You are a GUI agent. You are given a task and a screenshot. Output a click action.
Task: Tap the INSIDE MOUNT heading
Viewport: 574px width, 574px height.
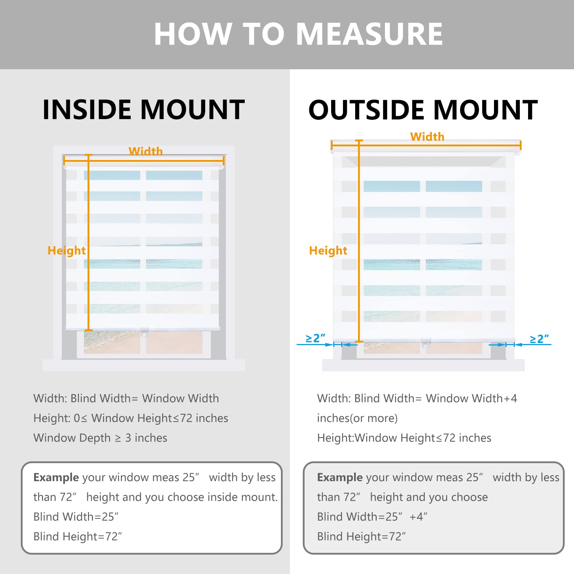[x=143, y=110]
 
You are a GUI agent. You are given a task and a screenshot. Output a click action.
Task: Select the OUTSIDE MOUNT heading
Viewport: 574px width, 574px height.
[x=423, y=110]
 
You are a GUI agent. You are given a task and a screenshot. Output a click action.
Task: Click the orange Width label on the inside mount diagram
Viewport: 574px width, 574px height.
[x=146, y=151]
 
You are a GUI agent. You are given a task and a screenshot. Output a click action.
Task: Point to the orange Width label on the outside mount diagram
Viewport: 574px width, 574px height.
[x=427, y=137]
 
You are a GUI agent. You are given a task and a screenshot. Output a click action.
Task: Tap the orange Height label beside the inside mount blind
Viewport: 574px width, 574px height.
[x=67, y=250]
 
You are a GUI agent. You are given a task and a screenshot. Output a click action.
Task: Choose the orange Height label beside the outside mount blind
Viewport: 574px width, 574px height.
[x=328, y=250]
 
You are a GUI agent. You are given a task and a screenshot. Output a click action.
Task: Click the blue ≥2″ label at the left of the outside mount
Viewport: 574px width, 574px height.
[x=315, y=338]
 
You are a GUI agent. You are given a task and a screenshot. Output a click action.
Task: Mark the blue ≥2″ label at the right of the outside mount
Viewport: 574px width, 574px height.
[x=539, y=339]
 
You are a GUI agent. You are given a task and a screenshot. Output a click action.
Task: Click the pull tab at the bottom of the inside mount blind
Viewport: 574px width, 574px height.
[x=144, y=333]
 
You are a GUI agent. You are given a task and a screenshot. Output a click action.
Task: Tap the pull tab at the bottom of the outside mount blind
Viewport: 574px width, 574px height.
[x=426, y=343]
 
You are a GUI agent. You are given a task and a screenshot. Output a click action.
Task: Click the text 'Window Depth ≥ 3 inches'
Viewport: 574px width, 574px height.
[x=100, y=438]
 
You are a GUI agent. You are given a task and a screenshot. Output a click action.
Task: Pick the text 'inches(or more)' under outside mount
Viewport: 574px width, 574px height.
[x=357, y=418]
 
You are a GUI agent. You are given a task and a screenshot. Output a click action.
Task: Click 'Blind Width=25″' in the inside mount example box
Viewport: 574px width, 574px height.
[x=76, y=517]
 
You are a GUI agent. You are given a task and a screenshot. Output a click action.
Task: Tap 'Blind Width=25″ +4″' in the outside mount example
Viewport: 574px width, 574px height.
[x=372, y=517]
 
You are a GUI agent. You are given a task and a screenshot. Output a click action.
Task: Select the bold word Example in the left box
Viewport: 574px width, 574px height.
[x=56, y=477]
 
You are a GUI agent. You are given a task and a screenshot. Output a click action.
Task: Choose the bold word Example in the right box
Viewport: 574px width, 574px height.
[x=340, y=477]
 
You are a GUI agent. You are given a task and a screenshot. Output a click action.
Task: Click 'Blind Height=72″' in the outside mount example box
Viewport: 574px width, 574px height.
[x=361, y=536]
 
